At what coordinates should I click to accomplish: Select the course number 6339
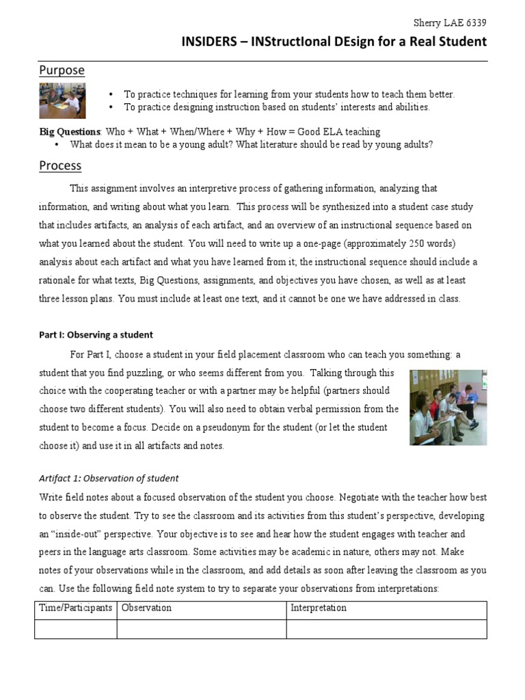(476, 23)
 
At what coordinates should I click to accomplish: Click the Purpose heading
(62, 70)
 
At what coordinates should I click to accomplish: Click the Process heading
(60, 165)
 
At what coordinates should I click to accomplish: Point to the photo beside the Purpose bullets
(62, 101)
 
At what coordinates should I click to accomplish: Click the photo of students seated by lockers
(448, 407)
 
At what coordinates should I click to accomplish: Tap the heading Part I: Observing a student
(96, 335)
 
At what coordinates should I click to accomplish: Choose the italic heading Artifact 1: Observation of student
(109, 479)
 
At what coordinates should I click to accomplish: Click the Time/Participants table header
(76, 608)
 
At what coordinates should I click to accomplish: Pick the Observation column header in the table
(146, 608)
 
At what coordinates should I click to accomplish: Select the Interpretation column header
(319, 608)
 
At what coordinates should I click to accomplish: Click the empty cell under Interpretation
(386, 629)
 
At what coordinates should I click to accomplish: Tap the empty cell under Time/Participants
(76, 629)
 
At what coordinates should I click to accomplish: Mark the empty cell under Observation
(202, 629)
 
